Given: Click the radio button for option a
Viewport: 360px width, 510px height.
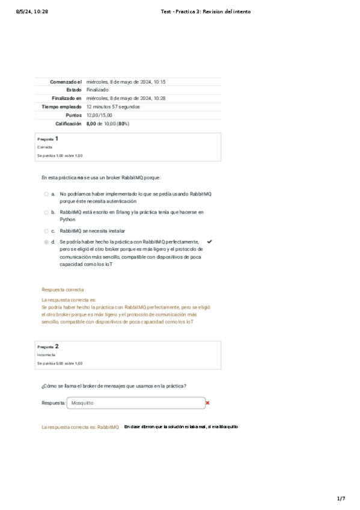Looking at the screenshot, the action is point(46,194).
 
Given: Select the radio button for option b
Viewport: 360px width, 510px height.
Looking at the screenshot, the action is point(46,212).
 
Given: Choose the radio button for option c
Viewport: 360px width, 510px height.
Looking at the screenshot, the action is point(46,230).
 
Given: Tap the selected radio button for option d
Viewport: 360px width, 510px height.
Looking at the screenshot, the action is point(46,242).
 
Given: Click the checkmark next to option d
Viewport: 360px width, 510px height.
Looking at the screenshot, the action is point(209,241).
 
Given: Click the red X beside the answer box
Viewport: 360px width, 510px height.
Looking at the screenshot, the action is point(207,403).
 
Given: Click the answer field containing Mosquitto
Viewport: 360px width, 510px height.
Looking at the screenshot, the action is point(136,403).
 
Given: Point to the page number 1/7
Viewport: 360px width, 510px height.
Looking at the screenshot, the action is point(341,498).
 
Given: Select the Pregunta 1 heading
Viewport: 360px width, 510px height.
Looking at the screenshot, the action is point(48,138).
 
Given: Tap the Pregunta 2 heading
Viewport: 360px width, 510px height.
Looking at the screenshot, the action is point(48,346).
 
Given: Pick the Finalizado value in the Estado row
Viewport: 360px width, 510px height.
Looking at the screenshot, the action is point(97,90).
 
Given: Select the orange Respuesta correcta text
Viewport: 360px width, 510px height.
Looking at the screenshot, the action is point(63,289).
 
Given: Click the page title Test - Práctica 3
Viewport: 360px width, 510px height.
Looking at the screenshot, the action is point(206,11).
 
